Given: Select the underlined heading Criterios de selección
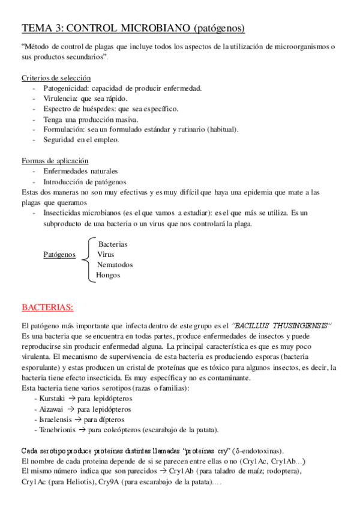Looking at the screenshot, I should [56, 77].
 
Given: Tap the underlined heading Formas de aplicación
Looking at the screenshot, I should [55, 161].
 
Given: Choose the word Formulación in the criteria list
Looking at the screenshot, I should [64, 130].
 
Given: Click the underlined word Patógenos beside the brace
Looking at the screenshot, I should [59, 254].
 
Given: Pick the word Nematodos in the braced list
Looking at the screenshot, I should [115, 265].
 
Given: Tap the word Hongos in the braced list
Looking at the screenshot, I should [108, 275].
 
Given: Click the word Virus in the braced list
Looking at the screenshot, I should [106, 254].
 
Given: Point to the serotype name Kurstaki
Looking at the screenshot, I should [52, 399].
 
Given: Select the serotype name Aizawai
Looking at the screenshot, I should [52, 409].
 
